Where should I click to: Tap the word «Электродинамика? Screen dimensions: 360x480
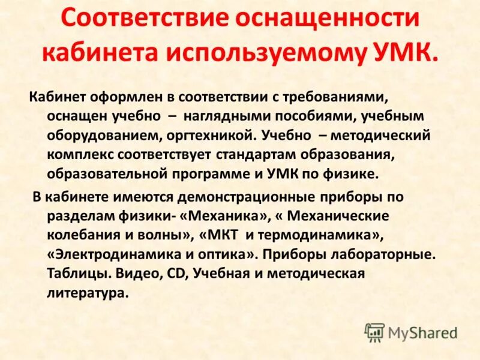109,255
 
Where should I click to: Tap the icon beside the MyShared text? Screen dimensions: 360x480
374,332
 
